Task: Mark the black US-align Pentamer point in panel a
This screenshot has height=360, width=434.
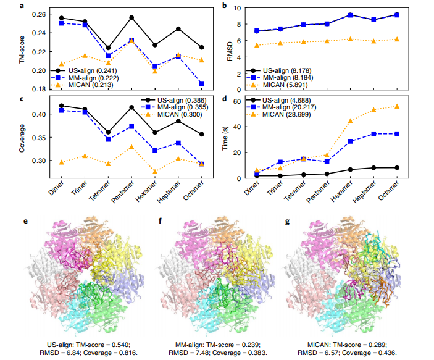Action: tap(132, 17)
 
